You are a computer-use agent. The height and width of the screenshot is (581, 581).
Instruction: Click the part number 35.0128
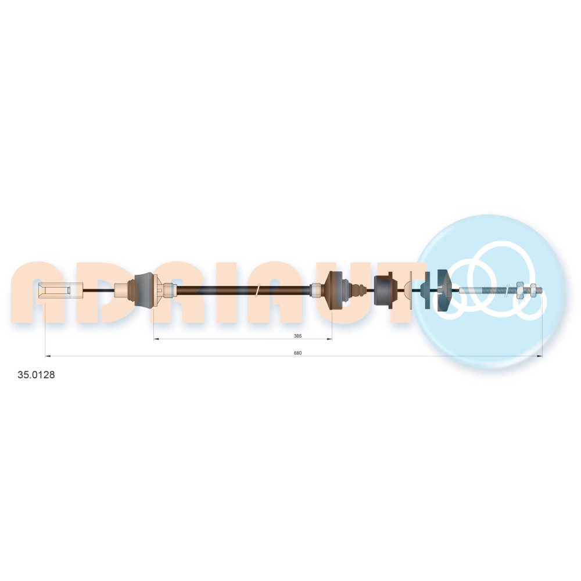(36, 375)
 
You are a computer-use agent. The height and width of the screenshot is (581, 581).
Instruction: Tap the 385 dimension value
(297, 336)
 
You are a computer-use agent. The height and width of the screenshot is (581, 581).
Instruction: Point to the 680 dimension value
(297, 353)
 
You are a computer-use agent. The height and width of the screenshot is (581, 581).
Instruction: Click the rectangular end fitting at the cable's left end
(60, 290)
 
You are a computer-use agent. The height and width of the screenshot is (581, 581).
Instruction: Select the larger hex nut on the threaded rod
(520, 289)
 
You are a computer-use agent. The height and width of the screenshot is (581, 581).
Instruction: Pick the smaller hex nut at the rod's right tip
(533, 289)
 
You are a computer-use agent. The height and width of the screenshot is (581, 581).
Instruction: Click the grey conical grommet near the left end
(144, 290)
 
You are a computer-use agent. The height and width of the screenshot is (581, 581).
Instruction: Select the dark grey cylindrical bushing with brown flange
(383, 290)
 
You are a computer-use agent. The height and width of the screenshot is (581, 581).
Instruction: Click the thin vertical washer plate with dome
(409, 290)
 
